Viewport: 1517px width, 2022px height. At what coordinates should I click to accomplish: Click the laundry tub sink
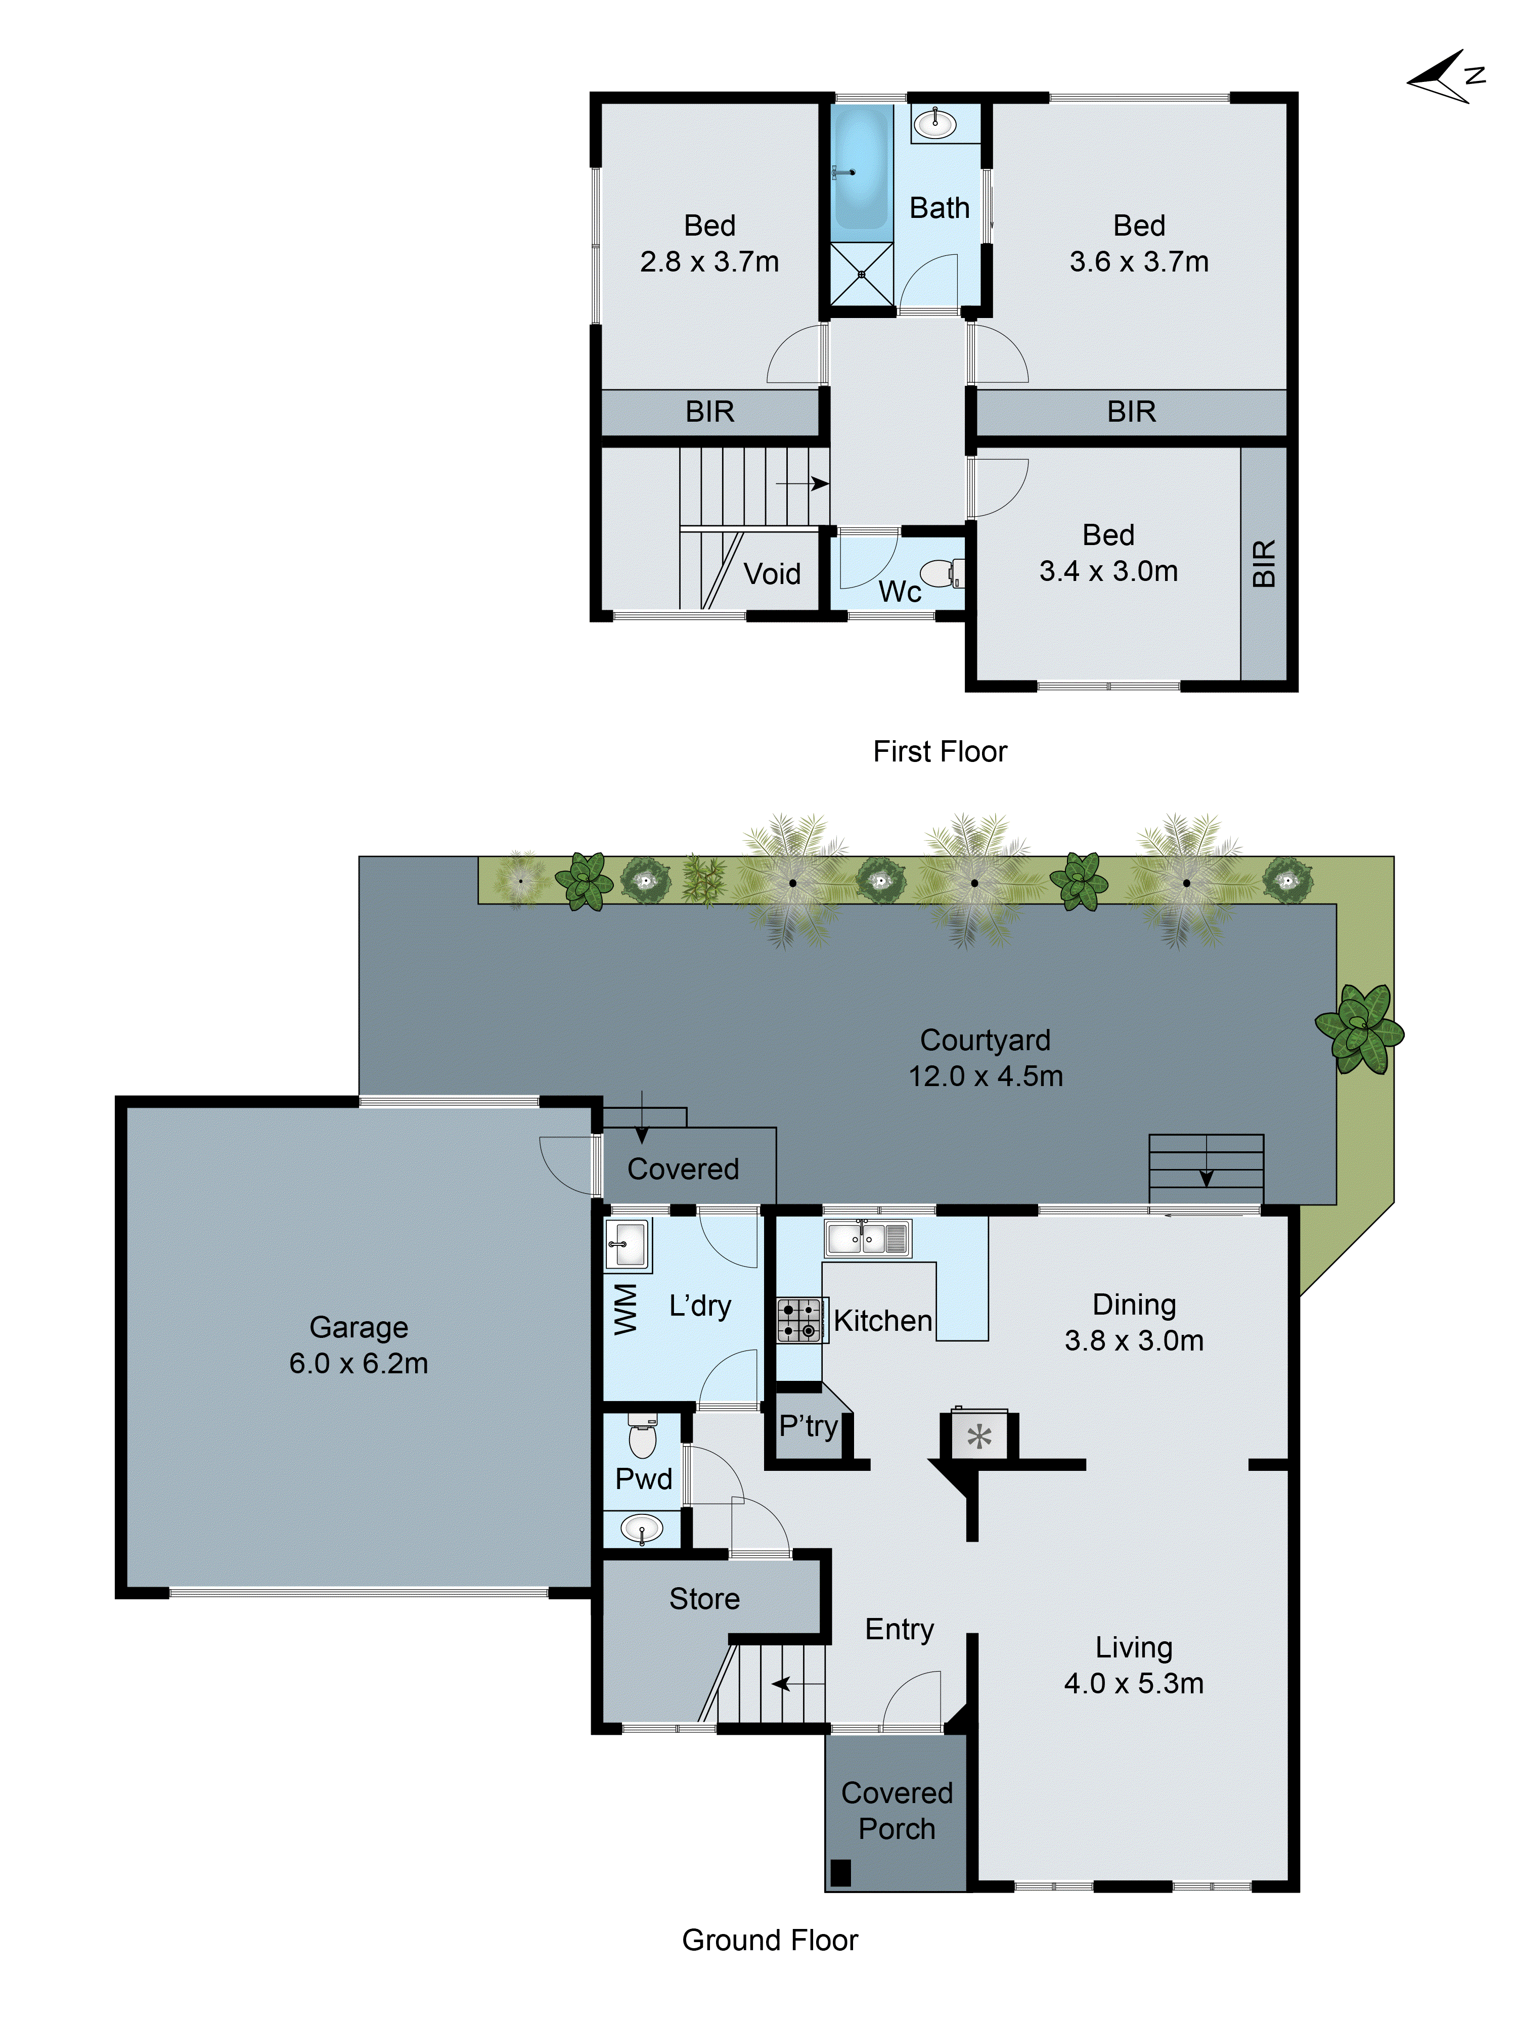tap(628, 1244)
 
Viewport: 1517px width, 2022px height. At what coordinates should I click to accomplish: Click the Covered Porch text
tap(896, 1810)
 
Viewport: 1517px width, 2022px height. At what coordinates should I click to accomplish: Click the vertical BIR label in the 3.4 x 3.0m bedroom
tap(1263, 563)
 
